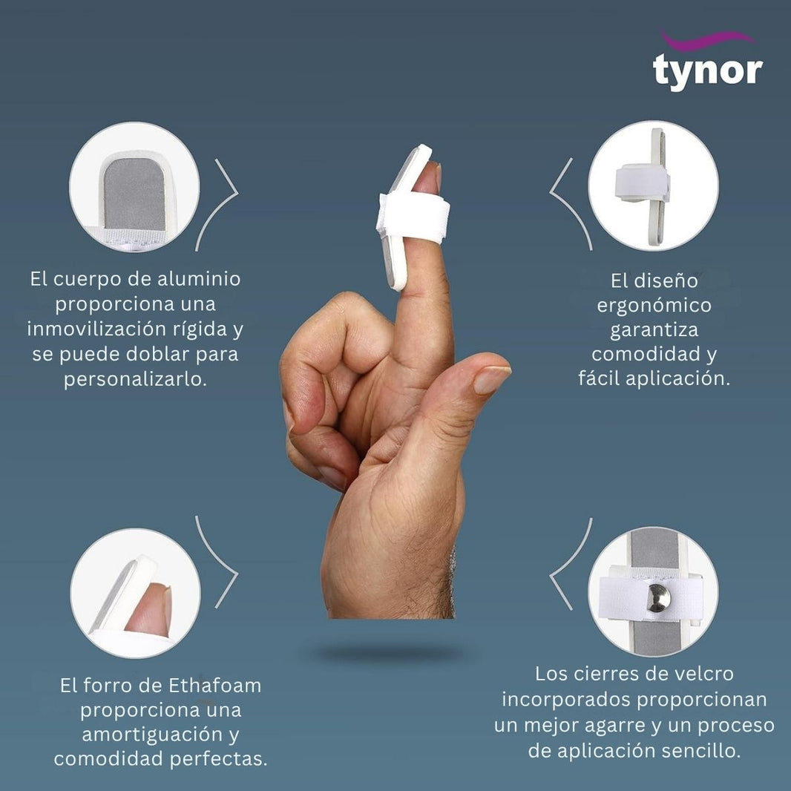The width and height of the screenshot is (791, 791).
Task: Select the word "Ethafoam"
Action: (215, 686)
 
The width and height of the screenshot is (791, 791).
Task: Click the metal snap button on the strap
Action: (659, 597)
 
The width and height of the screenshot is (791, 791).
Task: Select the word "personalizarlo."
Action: (135, 379)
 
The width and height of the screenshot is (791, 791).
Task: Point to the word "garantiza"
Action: (654, 330)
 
